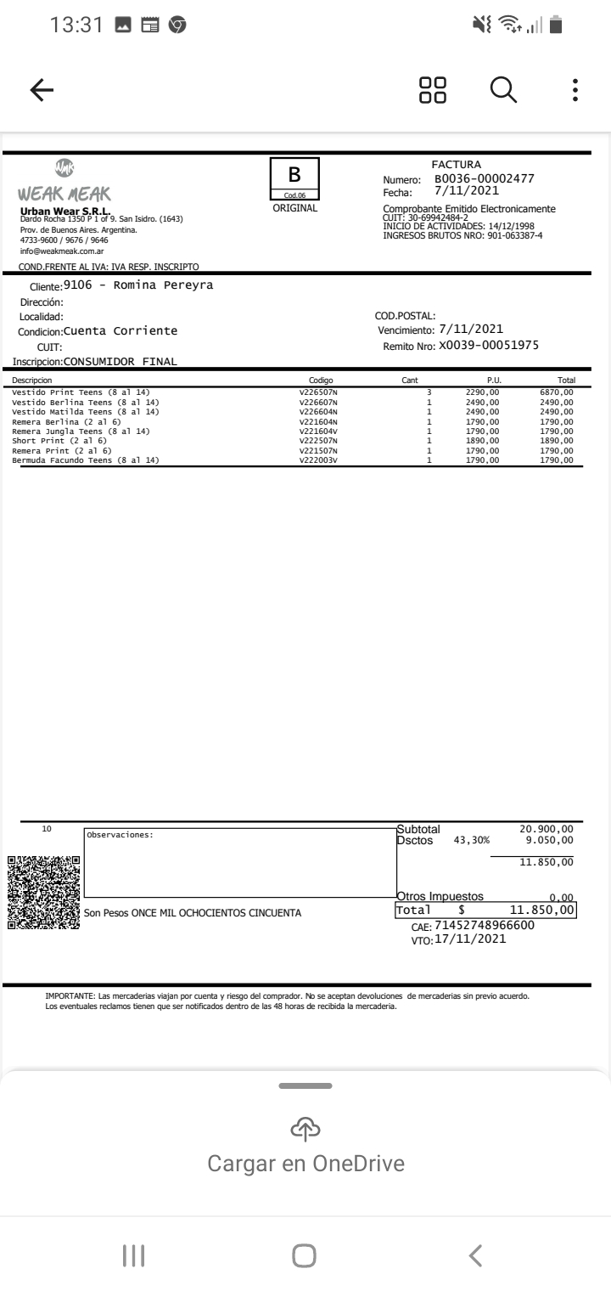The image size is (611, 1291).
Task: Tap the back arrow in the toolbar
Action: tap(41, 90)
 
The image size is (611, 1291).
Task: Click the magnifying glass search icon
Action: tap(504, 90)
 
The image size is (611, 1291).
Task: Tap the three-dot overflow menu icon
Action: tap(575, 90)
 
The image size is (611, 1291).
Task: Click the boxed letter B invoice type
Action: tap(294, 176)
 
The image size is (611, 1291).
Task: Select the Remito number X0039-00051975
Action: tap(488, 346)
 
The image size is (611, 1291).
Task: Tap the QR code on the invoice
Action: tap(44, 892)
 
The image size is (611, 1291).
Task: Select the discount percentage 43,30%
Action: tap(472, 841)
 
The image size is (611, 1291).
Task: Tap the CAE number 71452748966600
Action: tap(484, 925)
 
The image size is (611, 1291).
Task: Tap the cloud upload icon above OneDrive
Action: tap(305, 1127)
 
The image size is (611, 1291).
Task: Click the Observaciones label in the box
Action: tap(120, 835)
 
